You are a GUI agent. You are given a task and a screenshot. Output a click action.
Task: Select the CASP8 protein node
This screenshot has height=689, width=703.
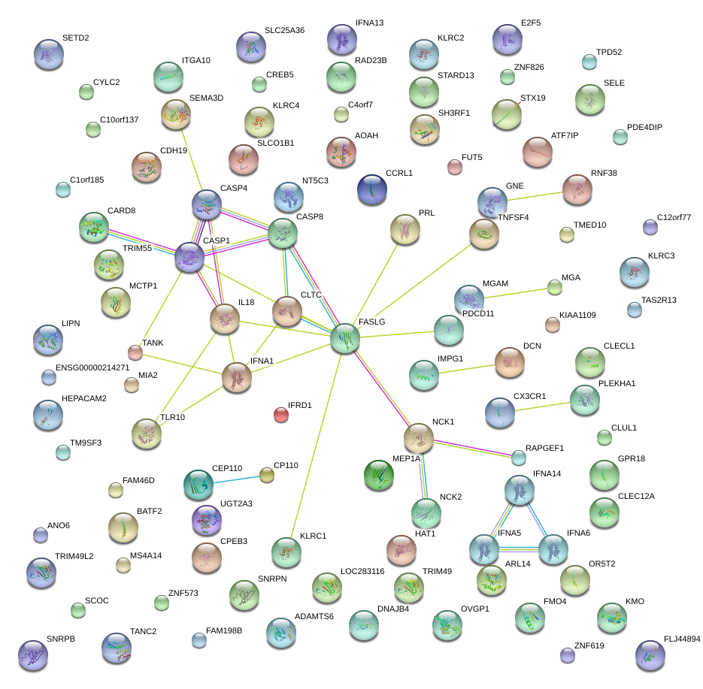tap(283, 233)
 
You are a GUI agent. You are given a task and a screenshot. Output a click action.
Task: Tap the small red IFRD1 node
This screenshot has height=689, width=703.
tap(281, 415)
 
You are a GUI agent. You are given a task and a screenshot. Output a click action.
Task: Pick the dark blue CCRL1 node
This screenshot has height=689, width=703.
tap(372, 189)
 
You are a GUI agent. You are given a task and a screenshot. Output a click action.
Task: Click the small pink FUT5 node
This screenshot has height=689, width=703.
tap(454, 167)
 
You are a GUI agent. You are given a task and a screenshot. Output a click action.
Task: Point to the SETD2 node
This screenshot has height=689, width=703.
tap(49, 55)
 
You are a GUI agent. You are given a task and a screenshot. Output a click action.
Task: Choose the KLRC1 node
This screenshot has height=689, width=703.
tap(286, 552)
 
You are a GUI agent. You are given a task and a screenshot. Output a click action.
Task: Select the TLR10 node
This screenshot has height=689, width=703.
tap(146, 434)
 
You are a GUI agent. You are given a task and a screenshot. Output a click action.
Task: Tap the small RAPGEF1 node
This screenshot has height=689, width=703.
tap(519, 457)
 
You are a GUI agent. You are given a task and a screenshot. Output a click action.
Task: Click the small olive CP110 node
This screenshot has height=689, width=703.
tap(267, 474)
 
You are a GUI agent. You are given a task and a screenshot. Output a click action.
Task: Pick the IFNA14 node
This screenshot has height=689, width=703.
tap(519, 490)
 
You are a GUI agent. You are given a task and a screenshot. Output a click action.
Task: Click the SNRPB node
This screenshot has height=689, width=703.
tap(32, 655)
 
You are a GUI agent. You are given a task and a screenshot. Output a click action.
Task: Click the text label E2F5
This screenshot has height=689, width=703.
tap(530, 23)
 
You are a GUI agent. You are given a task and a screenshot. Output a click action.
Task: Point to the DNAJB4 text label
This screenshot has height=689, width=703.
tap(372, 609)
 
